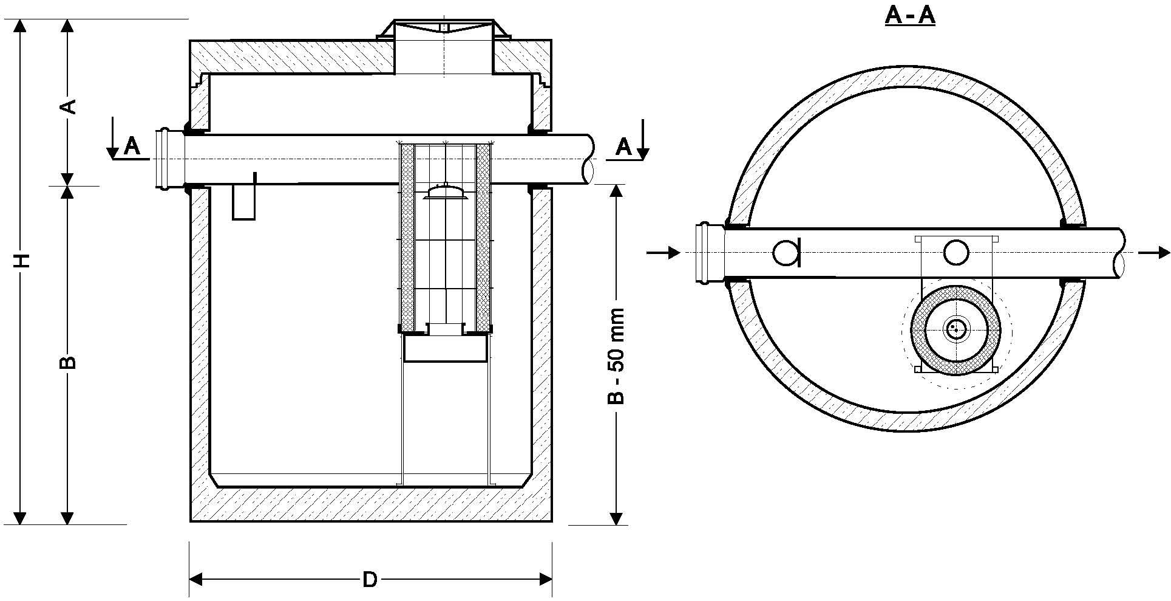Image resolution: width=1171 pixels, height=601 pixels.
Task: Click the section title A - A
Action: (909, 15)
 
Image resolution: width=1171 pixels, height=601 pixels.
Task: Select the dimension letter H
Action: (22, 260)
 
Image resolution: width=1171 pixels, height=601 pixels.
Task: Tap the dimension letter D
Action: (370, 580)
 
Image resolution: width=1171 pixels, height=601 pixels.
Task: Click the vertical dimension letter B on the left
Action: (69, 362)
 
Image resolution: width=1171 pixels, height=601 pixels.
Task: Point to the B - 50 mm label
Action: (616, 357)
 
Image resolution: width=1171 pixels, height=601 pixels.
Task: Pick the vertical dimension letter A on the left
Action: (69, 106)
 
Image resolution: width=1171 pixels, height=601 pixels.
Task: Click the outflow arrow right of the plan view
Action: (1153, 252)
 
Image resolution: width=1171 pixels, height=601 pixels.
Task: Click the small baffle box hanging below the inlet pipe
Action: (245, 201)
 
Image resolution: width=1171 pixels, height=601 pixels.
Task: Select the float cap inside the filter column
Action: (446, 192)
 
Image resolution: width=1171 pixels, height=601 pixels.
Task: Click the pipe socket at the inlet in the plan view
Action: (707, 253)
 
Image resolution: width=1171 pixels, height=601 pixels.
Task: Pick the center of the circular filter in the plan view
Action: (955, 329)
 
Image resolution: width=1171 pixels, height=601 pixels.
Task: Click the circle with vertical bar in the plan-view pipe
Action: (787, 252)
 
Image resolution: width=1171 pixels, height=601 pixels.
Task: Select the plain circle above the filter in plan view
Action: (956, 252)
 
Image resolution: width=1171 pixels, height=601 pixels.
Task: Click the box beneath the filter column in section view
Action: (446, 350)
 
